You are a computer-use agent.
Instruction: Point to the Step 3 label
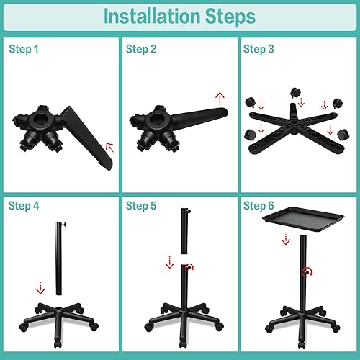pos(258,49)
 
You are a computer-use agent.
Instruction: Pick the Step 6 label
pos(258,206)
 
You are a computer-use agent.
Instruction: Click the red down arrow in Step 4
pos(40,287)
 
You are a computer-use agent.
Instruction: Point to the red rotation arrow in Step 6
pos(308,272)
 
